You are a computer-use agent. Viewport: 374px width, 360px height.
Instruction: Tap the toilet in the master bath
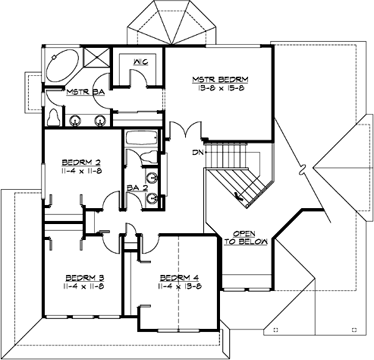click(x=53, y=116)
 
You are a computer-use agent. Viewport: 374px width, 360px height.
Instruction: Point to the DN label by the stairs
click(x=197, y=151)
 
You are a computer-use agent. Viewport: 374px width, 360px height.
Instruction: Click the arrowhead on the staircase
click(x=240, y=200)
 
